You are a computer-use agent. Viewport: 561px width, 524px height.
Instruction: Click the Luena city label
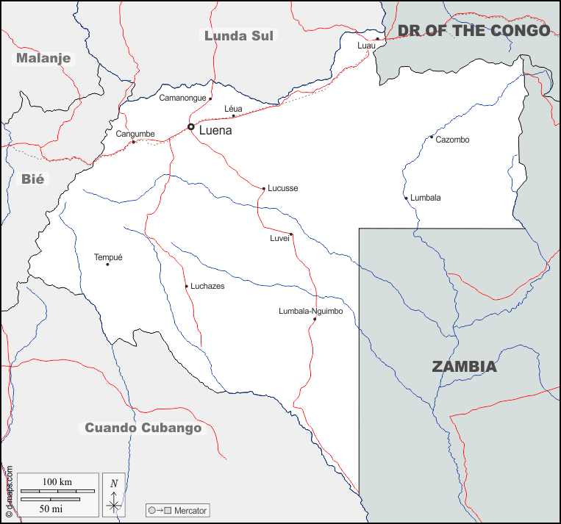(x=215, y=131)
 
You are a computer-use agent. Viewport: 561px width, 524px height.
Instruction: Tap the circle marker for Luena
(x=191, y=127)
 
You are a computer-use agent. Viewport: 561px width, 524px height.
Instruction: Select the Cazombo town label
(x=452, y=140)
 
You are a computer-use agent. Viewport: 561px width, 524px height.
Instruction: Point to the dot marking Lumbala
(x=406, y=198)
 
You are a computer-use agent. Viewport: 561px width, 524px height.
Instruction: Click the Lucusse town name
(x=283, y=188)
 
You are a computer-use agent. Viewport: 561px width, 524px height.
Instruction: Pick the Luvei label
(x=279, y=238)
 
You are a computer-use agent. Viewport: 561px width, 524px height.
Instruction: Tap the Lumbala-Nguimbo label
(x=311, y=311)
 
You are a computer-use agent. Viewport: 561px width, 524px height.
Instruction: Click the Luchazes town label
(x=207, y=286)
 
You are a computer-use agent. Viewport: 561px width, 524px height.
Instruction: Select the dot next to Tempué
(x=107, y=265)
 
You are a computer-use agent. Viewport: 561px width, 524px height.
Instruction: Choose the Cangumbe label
(x=135, y=134)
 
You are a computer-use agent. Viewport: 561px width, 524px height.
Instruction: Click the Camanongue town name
(x=183, y=98)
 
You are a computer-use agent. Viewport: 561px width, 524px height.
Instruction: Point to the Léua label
(x=233, y=109)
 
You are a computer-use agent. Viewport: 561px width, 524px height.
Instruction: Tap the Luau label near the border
(x=366, y=46)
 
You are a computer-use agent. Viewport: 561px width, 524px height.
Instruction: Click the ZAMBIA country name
(x=464, y=367)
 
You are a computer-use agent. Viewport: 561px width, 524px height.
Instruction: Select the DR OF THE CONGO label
(x=474, y=30)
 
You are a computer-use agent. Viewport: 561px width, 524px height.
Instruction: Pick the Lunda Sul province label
(x=239, y=35)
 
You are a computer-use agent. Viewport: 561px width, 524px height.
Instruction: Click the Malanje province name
(x=43, y=57)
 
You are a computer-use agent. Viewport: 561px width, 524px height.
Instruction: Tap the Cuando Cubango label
(x=143, y=428)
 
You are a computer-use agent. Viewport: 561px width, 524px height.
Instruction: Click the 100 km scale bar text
(x=57, y=481)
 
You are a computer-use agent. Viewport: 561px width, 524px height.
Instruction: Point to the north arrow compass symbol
(x=114, y=493)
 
